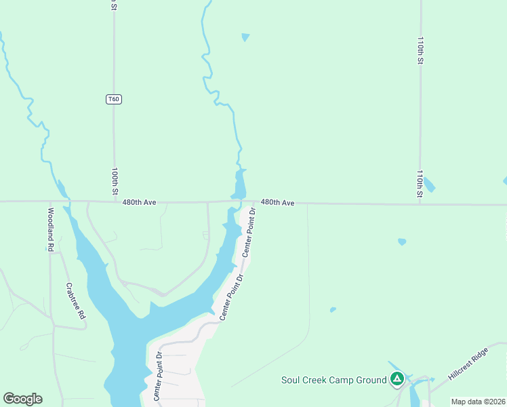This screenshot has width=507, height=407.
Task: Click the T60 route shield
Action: pos(114,99)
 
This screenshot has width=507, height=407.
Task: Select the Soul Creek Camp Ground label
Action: pos(333,380)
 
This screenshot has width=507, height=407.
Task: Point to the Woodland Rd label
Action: pos(50,229)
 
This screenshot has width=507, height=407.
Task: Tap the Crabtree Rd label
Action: pos(75,301)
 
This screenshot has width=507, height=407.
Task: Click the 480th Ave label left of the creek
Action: pos(140,202)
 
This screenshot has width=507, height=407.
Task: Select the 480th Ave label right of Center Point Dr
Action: pos(277,202)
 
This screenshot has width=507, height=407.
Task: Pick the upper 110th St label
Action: pos(420,51)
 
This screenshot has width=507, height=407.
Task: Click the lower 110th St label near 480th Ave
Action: pos(420,184)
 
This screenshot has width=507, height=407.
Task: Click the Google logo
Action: pos(22,399)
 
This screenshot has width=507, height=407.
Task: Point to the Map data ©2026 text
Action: pos(478,402)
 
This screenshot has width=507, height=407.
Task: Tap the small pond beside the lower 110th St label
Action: pos(429,185)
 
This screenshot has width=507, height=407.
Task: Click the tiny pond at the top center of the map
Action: pos(245,37)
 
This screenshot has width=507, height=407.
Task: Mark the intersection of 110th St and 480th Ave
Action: pos(420,203)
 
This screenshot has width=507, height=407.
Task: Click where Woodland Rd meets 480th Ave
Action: pos(50,201)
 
